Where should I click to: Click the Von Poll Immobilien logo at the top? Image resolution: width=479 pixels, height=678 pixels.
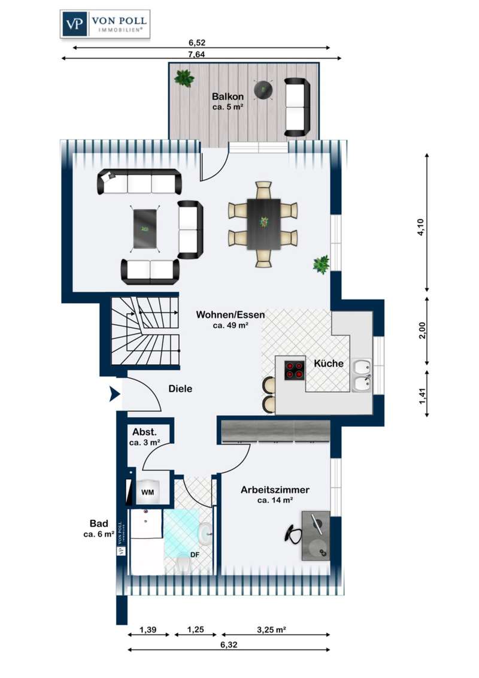pyautogui.click(x=105, y=24)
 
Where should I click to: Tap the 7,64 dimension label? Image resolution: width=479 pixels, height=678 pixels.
pyautogui.click(x=197, y=55)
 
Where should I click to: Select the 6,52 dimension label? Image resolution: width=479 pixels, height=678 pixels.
pyautogui.click(x=197, y=43)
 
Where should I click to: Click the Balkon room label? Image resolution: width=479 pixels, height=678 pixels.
pyautogui.click(x=228, y=97)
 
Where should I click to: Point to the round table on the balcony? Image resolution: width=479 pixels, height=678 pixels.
pyautogui.click(x=263, y=90)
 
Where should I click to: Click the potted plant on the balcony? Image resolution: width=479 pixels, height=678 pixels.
pyautogui.click(x=184, y=78)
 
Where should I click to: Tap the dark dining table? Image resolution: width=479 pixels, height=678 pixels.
pyautogui.click(x=263, y=224)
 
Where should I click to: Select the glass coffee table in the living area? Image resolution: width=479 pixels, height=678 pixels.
pyautogui.click(x=145, y=229)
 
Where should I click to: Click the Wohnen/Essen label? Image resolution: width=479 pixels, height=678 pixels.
pyautogui.click(x=231, y=314)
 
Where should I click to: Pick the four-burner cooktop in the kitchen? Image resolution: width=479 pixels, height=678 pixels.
pyautogui.click(x=294, y=370)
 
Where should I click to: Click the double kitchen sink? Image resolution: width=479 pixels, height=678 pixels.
pyautogui.click(x=362, y=376)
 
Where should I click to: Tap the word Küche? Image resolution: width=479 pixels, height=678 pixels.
pyautogui.click(x=329, y=363)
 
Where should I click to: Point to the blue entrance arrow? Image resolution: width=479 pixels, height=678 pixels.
pyautogui.click(x=114, y=394)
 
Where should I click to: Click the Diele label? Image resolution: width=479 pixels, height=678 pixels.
pyautogui.click(x=180, y=389)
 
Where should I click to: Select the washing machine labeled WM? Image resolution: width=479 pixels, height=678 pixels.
pyautogui.click(x=147, y=492)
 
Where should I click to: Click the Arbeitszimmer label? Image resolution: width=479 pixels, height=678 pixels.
pyautogui.click(x=275, y=490)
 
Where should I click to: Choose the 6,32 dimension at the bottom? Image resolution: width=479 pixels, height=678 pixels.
pyautogui.click(x=229, y=644)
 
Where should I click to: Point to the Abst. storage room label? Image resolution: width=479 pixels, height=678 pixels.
pyautogui.click(x=144, y=432)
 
